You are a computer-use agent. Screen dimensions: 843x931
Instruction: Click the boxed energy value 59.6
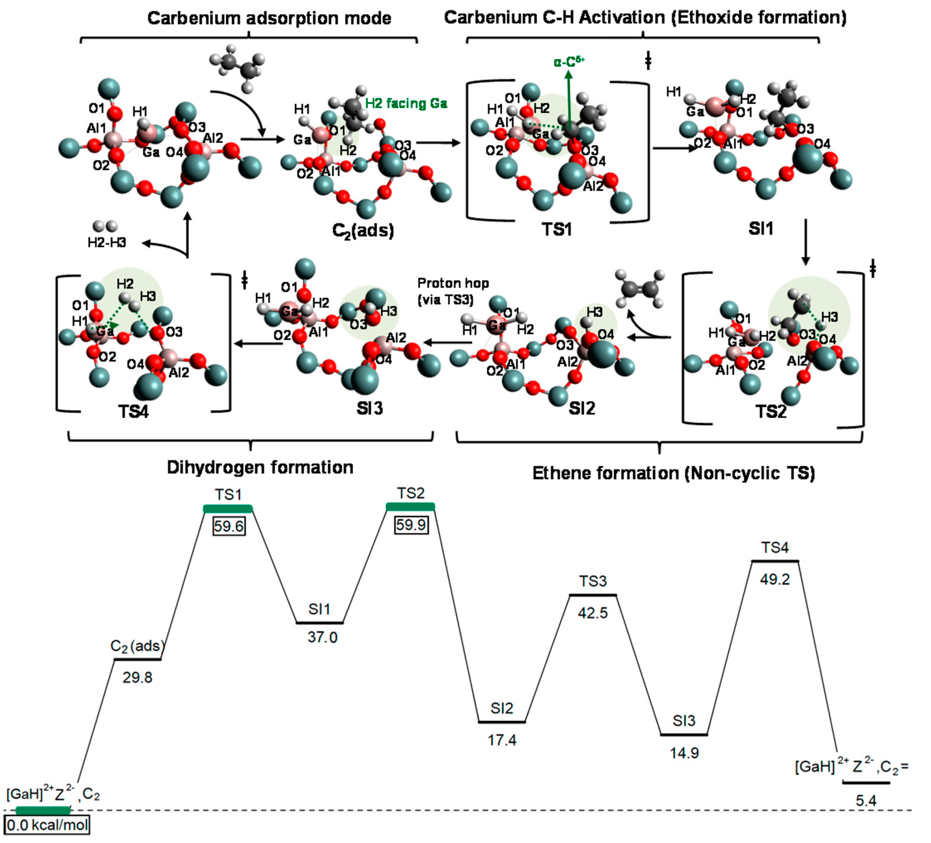[229, 526]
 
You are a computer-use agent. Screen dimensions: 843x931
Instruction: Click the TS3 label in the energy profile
[593, 581]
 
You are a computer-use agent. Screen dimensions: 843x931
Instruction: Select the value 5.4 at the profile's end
[865, 801]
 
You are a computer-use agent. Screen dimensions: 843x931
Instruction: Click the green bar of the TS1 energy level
[228, 508]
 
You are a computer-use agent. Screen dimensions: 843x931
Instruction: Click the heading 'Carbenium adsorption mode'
[269, 18]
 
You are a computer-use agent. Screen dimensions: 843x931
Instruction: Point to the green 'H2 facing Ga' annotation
[406, 103]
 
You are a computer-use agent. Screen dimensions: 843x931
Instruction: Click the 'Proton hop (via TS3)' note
[453, 291]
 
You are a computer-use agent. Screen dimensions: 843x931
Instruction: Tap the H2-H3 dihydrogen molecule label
[107, 242]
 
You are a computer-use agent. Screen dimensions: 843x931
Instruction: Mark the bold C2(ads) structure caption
[363, 230]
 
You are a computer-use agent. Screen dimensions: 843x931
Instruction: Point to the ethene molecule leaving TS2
[640, 289]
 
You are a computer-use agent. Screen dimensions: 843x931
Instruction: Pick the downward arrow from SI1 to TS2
[805, 242]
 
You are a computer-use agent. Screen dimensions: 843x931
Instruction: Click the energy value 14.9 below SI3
[684, 753]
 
